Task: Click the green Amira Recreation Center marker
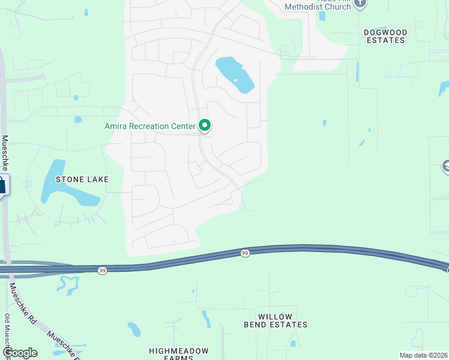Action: coord(205,125)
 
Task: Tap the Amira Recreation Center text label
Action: coord(150,126)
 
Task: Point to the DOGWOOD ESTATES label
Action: coord(385,36)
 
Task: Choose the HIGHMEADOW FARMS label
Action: coord(179,354)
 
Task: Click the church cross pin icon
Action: coord(360,3)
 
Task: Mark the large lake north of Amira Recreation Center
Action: coord(235,74)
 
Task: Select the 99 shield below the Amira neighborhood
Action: coord(245,254)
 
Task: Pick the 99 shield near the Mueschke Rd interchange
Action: coord(103,271)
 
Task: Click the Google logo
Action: coord(19,353)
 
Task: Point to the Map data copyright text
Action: coord(423,355)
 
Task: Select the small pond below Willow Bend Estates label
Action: coord(292,344)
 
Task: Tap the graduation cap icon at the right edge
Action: coord(446,166)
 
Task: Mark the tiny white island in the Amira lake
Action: coord(235,80)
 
